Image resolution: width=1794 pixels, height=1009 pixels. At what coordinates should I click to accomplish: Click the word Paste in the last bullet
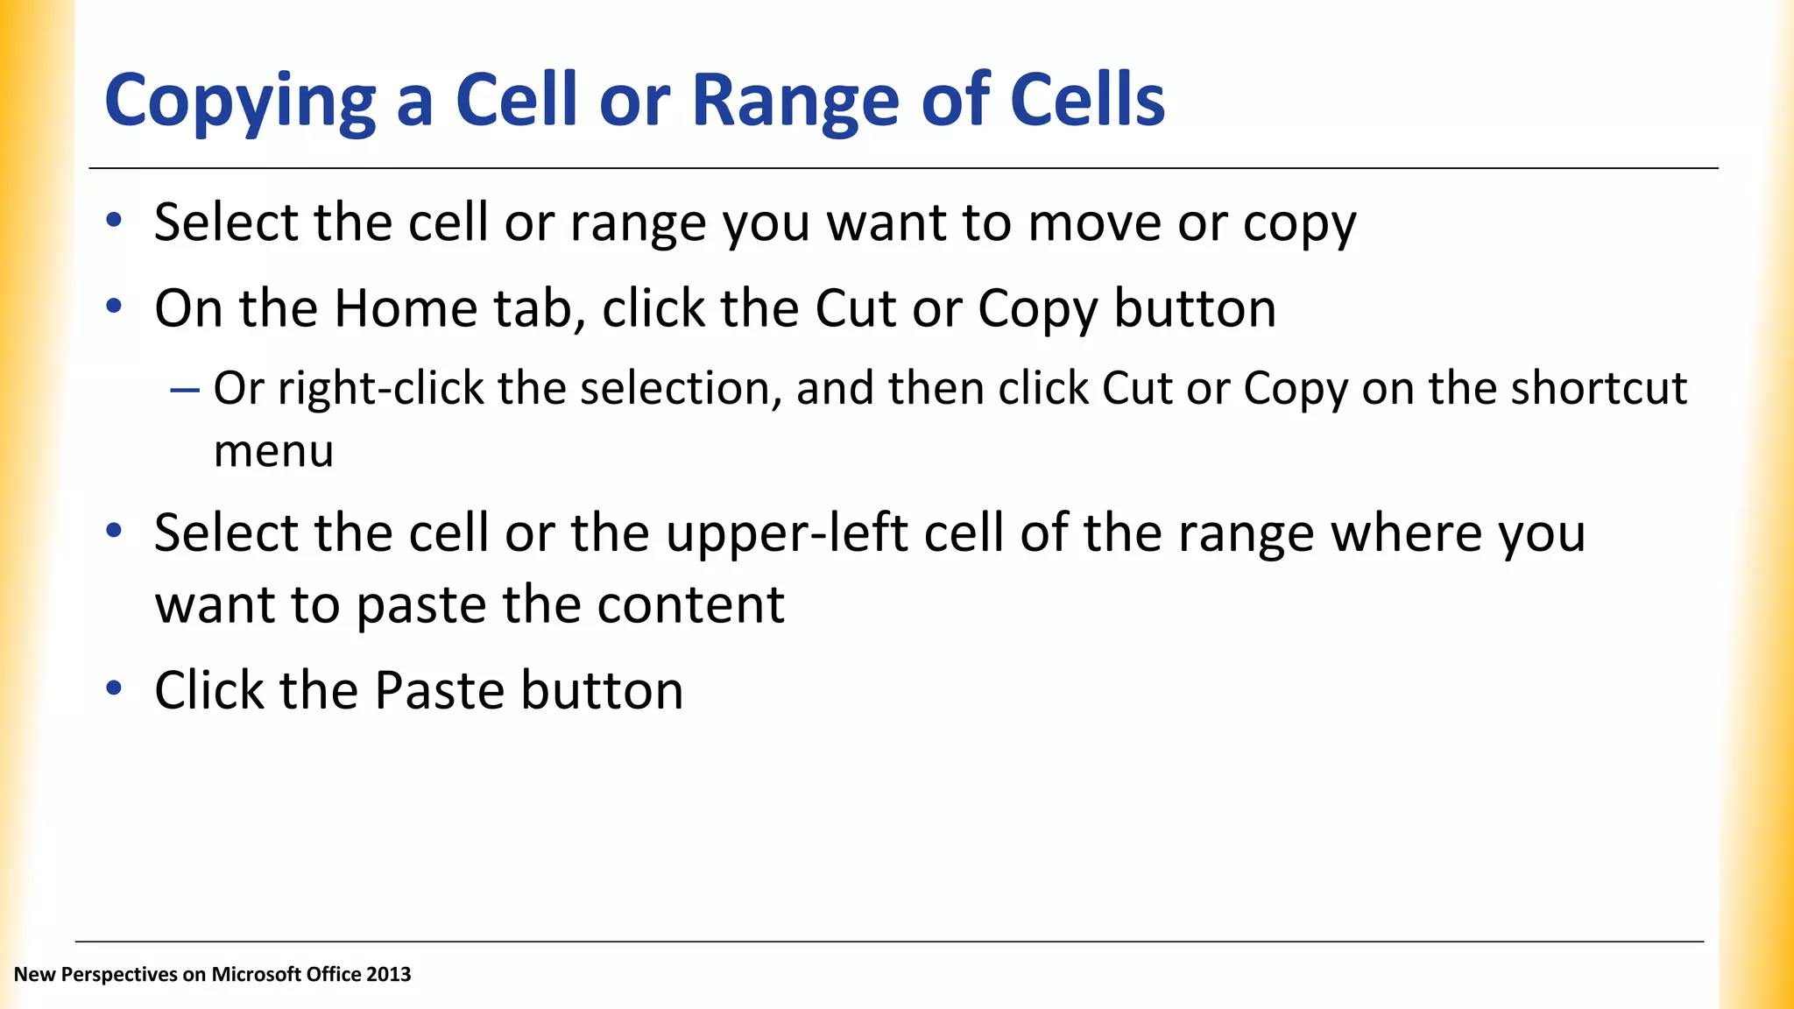[440, 690]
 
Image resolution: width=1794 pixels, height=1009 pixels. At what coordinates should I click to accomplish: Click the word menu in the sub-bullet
[273, 452]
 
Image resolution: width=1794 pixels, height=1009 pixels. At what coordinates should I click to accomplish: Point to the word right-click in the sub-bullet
[380, 388]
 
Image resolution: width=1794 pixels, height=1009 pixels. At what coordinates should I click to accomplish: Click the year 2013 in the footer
[389, 974]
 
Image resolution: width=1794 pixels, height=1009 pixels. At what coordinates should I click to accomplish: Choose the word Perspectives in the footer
[119, 974]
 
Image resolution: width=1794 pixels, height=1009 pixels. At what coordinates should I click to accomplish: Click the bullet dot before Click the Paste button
[113, 688]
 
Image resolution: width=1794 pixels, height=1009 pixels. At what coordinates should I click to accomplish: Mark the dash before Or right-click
[185, 389]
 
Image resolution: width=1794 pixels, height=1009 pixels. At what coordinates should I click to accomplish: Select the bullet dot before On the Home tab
[113, 307]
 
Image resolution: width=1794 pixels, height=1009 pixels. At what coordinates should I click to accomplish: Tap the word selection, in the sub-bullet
[681, 388]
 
